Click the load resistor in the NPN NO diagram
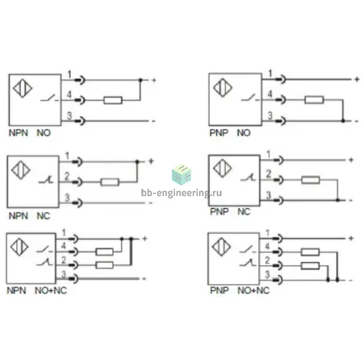113,100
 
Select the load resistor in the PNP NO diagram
314,100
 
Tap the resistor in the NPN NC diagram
110,182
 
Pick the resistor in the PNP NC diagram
311,180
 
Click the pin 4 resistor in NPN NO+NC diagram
105,252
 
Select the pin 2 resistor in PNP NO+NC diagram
311,266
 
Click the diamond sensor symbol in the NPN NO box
23,88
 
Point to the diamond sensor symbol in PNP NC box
223,169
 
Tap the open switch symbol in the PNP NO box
250,98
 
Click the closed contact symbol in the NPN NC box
46,180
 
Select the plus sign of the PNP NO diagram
357,79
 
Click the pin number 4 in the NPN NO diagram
69,94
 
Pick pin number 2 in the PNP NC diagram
269,174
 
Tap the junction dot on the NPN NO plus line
140,80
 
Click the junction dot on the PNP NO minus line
343,121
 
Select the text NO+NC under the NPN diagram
51,290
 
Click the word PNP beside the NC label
219,211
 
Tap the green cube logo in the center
181,175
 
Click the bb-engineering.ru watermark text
181,193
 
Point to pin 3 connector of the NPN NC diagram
77,202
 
